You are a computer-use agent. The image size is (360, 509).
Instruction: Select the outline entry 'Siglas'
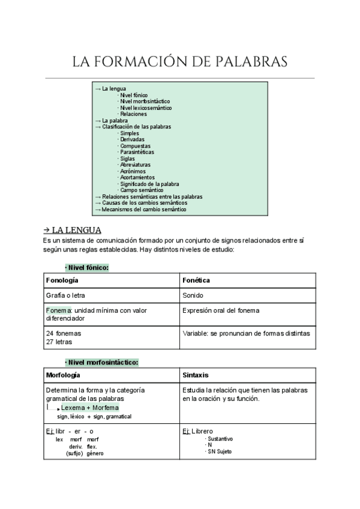click(128, 158)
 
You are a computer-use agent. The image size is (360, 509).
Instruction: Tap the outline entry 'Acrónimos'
click(133, 171)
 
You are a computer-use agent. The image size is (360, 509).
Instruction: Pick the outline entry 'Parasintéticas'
click(137, 152)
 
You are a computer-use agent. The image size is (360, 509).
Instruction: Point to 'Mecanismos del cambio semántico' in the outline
click(144, 209)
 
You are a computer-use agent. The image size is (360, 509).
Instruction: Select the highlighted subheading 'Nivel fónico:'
click(87, 267)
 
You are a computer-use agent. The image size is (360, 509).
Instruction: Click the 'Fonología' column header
click(62, 280)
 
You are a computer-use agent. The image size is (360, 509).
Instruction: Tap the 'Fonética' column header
click(196, 280)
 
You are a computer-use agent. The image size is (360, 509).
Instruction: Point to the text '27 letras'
click(59, 342)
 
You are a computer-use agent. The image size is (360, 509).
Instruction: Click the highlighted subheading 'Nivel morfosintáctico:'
click(102, 362)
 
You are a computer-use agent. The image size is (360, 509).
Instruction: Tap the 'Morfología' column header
click(63, 375)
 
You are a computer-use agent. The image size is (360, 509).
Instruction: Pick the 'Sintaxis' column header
click(196, 375)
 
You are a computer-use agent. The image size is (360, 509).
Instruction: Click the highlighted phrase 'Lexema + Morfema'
click(90, 408)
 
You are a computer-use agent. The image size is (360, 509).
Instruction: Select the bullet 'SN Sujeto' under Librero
click(220, 452)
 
